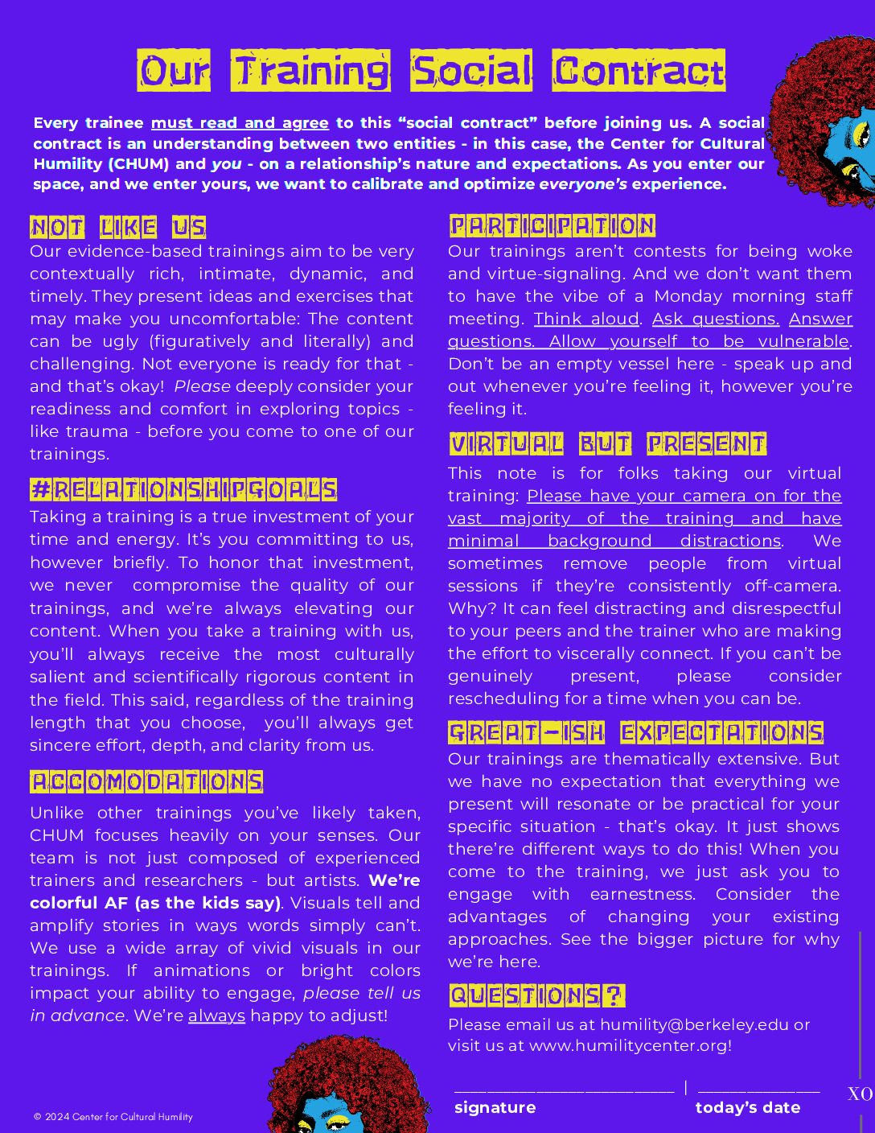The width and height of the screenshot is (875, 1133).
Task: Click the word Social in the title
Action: (471, 71)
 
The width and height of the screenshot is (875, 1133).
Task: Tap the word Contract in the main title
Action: (639, 71)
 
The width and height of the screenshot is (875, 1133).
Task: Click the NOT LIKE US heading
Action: (117, 228)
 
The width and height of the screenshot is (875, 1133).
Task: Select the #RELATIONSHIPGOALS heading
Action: (183, 489)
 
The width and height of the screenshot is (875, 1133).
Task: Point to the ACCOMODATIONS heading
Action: (146, 781)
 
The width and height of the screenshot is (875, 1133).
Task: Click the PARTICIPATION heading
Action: (553, 225)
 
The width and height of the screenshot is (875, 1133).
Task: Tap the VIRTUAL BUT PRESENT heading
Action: (608, 443)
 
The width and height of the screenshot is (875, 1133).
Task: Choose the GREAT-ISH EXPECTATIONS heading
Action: (636, 732)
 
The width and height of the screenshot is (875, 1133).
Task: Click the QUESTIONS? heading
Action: (536, 995)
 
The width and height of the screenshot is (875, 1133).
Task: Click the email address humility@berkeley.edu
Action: (694, 1024)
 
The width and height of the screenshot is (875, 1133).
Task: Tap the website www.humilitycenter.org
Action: (628, 1045)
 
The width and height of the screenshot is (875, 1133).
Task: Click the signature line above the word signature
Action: (564, 1090)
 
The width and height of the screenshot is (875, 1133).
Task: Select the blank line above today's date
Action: (758, 1090)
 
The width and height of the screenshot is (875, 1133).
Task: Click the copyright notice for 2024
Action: (113, 1116)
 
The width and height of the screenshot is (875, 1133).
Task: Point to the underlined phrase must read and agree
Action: (240, 123)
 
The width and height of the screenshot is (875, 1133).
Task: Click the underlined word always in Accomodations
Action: (216, 1016)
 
